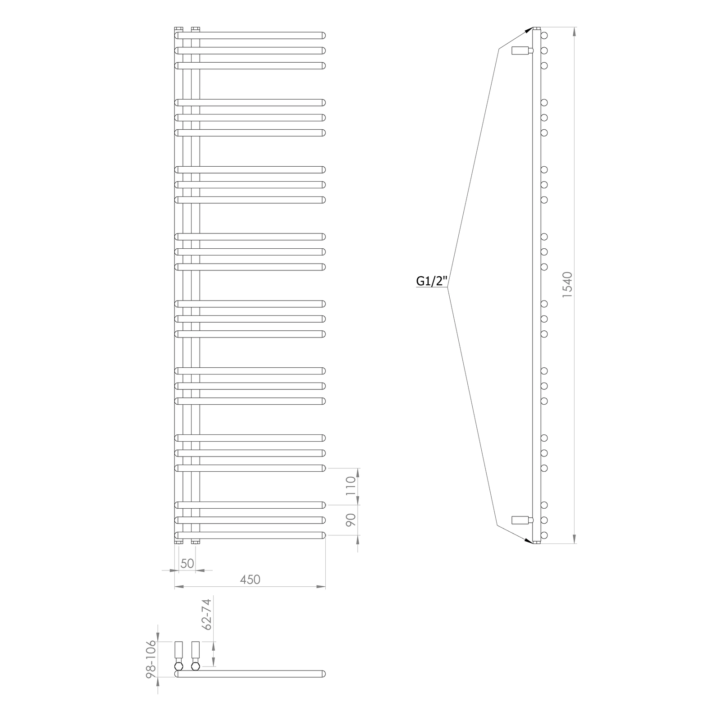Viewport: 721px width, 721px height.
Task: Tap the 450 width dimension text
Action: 250,580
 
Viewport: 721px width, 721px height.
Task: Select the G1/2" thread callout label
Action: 431,282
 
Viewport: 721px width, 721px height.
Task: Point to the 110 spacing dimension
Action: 351,486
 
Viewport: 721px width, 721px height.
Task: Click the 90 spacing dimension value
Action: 351,520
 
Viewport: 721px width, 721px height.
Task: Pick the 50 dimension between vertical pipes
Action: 187,563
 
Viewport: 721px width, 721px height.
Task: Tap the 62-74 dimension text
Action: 206,615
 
